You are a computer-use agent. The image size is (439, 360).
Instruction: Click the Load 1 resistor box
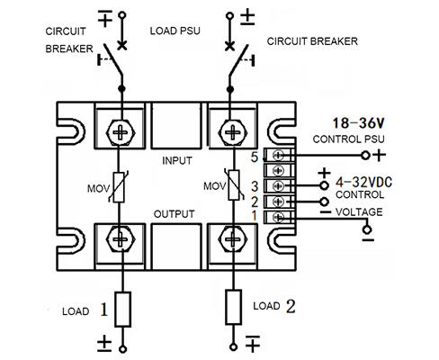pos(122,310)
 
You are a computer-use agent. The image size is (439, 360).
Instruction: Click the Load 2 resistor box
pos(233,307)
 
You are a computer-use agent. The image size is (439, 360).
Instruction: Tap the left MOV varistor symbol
pos(119,187)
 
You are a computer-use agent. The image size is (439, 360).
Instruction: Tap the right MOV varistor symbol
pos(234,184)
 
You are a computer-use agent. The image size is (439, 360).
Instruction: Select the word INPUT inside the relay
pos(177,161)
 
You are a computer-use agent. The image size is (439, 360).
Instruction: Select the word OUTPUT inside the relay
pos(175,214)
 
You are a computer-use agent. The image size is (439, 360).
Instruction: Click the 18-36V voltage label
pos(359,123)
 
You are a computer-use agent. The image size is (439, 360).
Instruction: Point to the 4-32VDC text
pos(363,182)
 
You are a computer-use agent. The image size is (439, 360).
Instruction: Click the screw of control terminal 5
pos(278,156)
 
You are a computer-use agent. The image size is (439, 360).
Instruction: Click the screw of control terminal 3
pos(278,186)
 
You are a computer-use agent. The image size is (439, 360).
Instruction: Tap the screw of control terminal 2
pos(278,202)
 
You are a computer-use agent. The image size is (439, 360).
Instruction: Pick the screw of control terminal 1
pos(278,217)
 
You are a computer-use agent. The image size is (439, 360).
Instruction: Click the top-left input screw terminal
pos(121,132)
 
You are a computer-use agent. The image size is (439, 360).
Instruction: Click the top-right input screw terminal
pos(232,132)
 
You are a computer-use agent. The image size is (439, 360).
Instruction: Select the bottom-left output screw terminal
pos(121,239)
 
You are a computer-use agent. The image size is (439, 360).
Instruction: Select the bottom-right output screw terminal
pos(232,239)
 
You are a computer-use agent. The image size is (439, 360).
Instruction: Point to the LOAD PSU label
pos(175,31)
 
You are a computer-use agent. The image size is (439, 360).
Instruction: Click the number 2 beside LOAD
pos(291,306)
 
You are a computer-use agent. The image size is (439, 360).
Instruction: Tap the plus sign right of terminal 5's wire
pos(379,156)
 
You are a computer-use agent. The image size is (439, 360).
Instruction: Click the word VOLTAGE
pos(359,212)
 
